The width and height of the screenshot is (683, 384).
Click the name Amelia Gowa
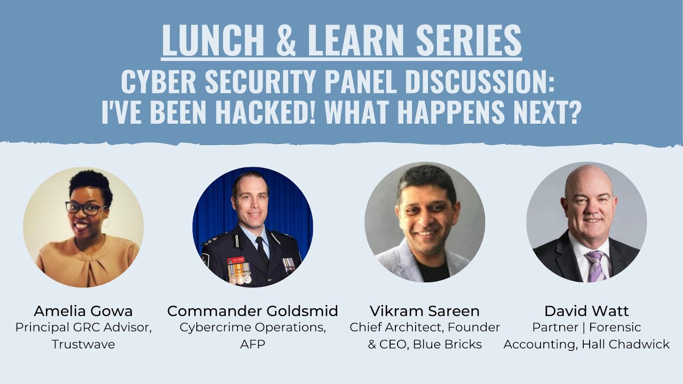pos(83,311)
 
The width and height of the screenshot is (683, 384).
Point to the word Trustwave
pos(83,344)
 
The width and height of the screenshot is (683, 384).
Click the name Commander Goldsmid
pos(252,311)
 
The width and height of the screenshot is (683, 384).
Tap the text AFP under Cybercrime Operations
pos(252,344)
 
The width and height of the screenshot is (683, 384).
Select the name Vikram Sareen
pos(424,311)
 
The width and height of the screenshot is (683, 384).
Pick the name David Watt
pos(586,311)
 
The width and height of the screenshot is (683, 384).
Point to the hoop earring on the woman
pos(106,221)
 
